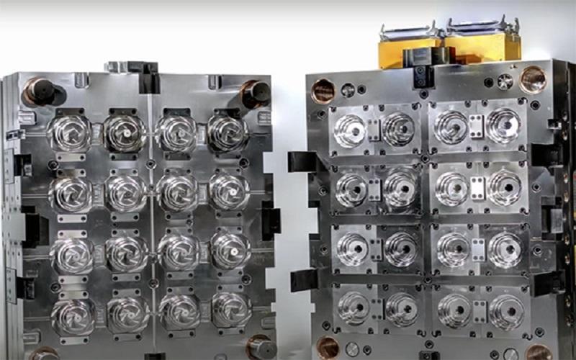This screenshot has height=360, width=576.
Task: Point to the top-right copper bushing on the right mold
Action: point(533,79)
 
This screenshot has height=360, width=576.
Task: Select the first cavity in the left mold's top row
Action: point(69,133)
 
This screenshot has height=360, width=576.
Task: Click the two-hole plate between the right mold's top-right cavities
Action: point(476,127)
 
